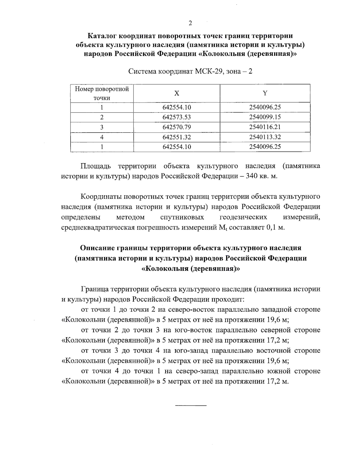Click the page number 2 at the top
tap(190, 23)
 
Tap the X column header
tap(177, 93)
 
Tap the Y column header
tap(265, 93)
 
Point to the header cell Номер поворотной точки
tap(102, 93)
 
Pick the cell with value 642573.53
tap(177, 117)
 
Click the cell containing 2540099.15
tap(265, 117)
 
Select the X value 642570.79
tap(177, 127)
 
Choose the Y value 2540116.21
tap(265, 127)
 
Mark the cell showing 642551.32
tap(177, 137)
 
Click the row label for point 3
tap(102, 127)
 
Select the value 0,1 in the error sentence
tap(271, 227)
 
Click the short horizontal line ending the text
tap(191, 406)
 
